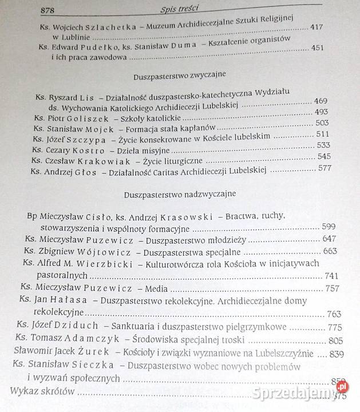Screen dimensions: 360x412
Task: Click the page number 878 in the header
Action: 47,10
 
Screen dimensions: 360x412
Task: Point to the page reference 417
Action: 317,27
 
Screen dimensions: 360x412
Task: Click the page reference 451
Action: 319,48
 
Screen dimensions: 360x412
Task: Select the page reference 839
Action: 336,353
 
